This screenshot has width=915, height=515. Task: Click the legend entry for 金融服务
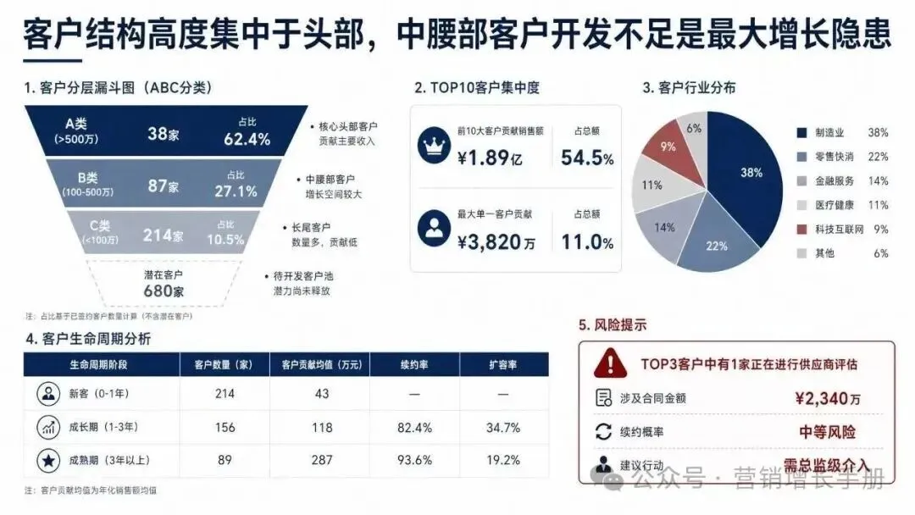[x=843, y=180]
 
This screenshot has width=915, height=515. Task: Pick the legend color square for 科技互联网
[x=801, y=230]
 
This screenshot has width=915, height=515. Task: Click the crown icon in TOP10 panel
[x=434, y=145]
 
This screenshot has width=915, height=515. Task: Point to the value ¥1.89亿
[x=490, y=158]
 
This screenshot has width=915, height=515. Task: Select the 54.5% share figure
[x=587, y=158]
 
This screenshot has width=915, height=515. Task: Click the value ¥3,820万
[x=496, y=241]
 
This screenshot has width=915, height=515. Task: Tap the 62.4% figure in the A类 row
[x=247, y=140]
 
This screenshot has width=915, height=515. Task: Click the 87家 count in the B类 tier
[x=163, y=186]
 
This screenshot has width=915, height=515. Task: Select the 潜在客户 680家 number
[x=164, y=291]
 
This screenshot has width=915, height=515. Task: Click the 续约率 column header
[x=414, y=364]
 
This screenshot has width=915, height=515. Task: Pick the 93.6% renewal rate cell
[x=414, y=460]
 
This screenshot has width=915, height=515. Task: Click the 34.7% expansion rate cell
[x=503, y=428]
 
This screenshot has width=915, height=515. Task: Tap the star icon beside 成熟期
[x=48, y=461]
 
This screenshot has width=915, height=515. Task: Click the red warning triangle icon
[x=610, y=363]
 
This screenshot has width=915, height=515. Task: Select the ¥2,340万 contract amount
[x=828, y=398]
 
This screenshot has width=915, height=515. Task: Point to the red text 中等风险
[x=827, y=432]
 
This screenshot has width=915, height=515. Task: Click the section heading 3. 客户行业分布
[x=689, y=88]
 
